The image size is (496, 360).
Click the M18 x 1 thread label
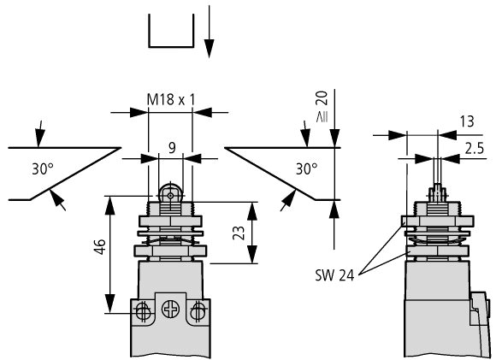(171, 100)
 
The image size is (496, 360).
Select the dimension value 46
(99, 247)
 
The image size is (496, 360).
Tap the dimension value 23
(239, 233)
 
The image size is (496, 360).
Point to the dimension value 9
(172, 148)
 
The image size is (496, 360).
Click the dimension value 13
(467, 121)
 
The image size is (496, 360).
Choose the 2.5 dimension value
(474, 149)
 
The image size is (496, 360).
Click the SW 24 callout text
(334, 275)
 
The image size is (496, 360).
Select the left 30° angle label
(43, 169)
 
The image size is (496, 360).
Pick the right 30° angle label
(306, 169)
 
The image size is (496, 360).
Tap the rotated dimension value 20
(322, 98)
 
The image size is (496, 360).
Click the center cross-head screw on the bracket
(171, 310)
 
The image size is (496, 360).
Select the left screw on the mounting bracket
(143, 311)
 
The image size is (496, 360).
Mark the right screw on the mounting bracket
(198, 311)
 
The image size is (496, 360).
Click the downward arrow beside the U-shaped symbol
(209, 32)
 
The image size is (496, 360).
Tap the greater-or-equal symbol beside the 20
(322, 117)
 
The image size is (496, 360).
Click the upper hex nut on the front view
(170, 221)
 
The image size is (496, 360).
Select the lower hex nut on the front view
(170, 251)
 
